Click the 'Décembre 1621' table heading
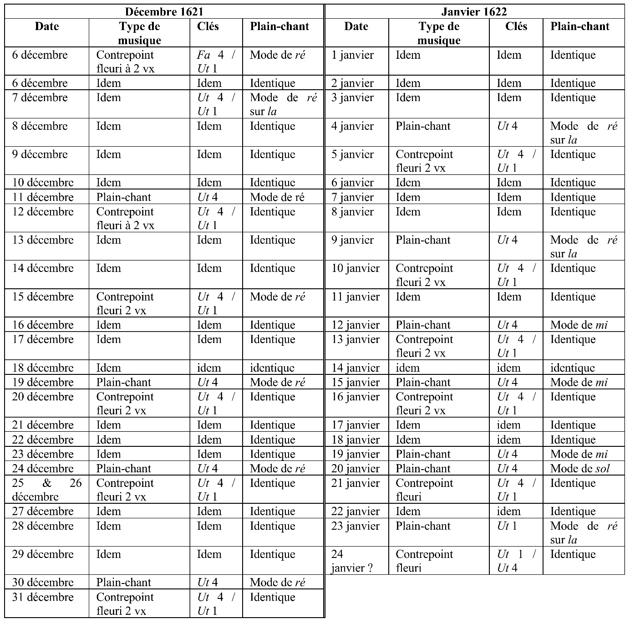click(x=164, y=11)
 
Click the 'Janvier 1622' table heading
click(x=474, y=11)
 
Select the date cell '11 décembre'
click(x=43, y=197)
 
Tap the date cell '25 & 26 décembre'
click(x=46, y=490)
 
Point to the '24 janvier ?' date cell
click(x=351, y=561)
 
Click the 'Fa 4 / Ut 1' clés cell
click(x=216, y=61)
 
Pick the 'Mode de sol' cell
click(x=579, y=468)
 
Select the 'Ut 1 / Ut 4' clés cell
click(x=516, y=561)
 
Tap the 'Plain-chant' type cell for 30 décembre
click(x=123, y=582)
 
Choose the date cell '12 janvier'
click(x=356, y=325)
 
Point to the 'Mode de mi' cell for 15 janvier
click(x=579, y=382)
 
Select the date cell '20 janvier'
click(x=356, y=468)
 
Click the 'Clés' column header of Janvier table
click(x=516, y=26)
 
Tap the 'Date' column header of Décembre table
click(x=47, y=26)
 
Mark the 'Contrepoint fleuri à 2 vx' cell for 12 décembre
click(x=125, y=218)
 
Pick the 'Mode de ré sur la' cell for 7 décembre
click(x=283, y=104)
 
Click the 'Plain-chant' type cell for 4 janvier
click(x=423, y=126)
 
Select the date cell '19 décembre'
click(x=43, y=382)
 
